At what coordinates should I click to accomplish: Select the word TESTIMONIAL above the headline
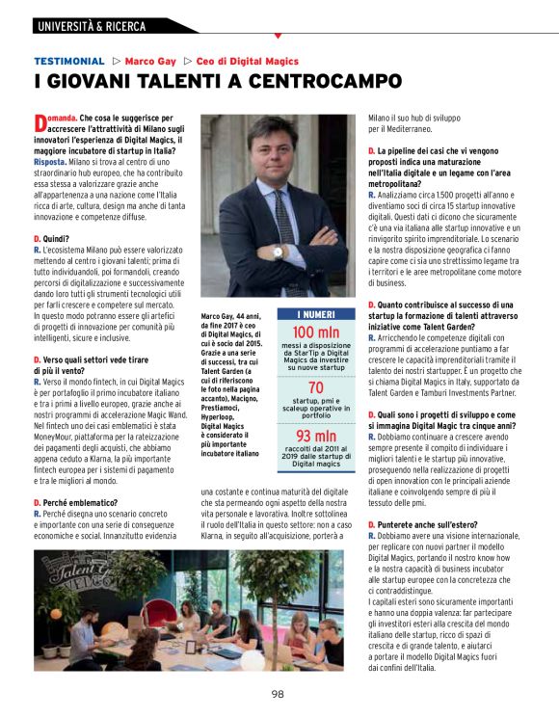[x=68, y=60]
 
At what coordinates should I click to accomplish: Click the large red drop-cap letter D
[x=40, y=123]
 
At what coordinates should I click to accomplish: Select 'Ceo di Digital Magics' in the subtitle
[x=247, y=60]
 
